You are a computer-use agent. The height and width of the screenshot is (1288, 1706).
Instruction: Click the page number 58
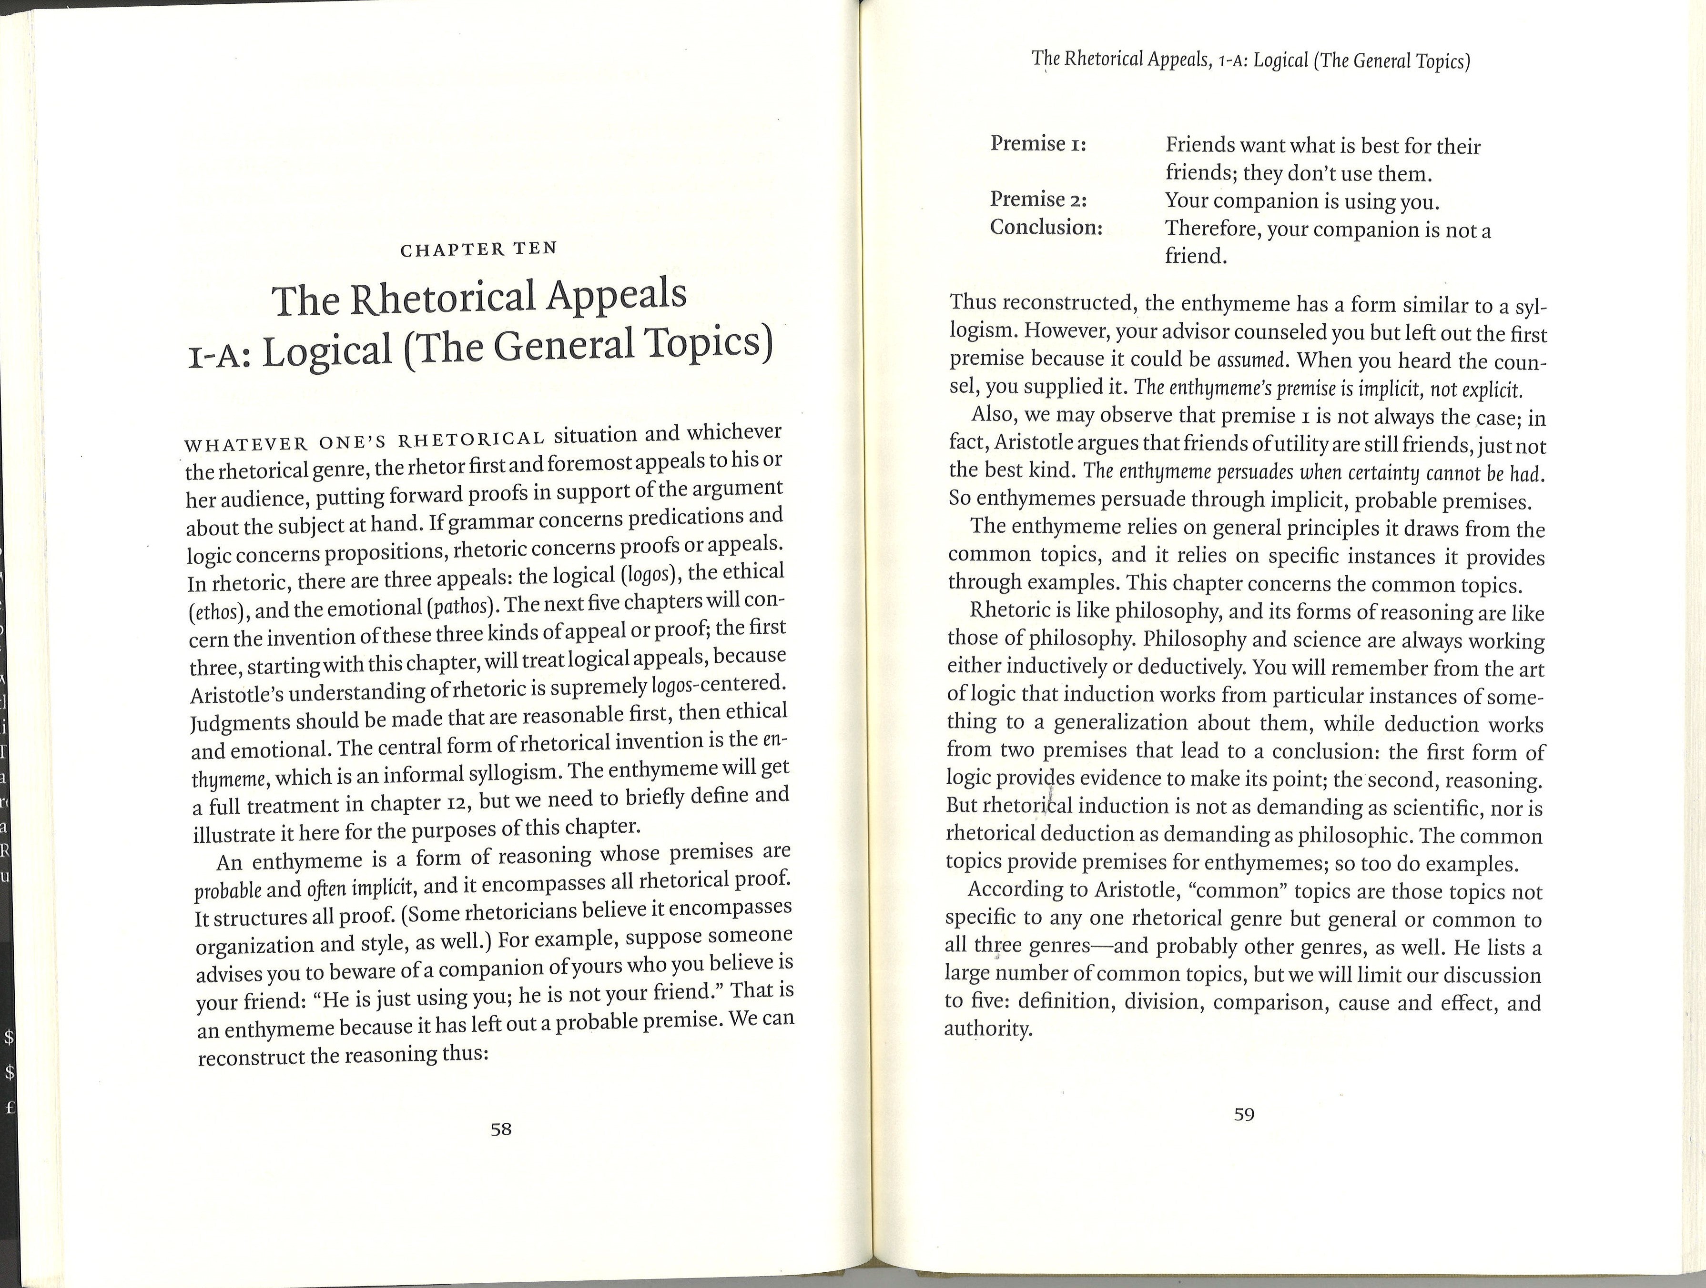pos(501,1130)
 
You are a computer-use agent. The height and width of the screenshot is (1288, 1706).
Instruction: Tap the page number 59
pos(1244,1114)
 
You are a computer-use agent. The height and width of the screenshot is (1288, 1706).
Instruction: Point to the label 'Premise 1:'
pos(1038,144)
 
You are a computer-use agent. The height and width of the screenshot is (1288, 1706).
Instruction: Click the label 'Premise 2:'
pos(1038,200)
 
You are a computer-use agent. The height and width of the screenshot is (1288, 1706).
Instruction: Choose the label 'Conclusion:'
pos(1046,228)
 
